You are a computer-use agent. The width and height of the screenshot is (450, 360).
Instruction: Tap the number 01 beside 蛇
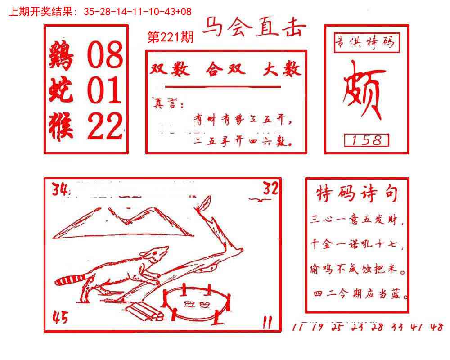[x=104, y=90]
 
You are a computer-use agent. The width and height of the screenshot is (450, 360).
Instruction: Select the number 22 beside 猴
[x=104, y=126]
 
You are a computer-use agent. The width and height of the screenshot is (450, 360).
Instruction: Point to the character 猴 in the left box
[x=62, y=126]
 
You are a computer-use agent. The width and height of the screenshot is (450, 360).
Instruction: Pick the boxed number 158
[x=366, y=140]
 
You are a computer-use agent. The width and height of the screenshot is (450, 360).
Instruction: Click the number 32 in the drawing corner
[x=270, y=189]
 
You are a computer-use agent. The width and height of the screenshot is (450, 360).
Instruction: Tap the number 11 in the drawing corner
[x=267, y=322]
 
